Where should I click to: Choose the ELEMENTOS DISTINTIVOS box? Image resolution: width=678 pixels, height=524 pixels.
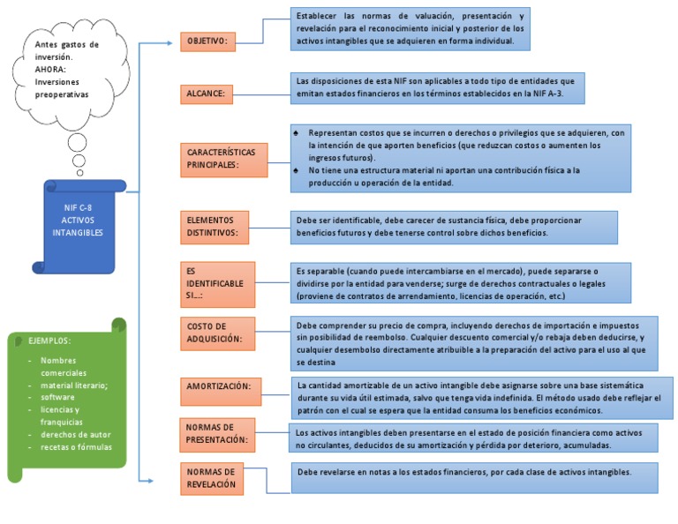click(214, 226)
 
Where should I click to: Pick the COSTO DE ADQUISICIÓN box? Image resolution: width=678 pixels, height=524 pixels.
click(213, 333)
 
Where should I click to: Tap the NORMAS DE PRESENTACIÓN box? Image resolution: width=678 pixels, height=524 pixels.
click(216, 432)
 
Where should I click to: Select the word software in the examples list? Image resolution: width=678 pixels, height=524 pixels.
click(59, 397)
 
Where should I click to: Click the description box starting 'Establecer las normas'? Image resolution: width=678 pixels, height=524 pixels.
click(411, 28)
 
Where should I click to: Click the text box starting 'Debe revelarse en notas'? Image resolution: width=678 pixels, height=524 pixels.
click(476, 477)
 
